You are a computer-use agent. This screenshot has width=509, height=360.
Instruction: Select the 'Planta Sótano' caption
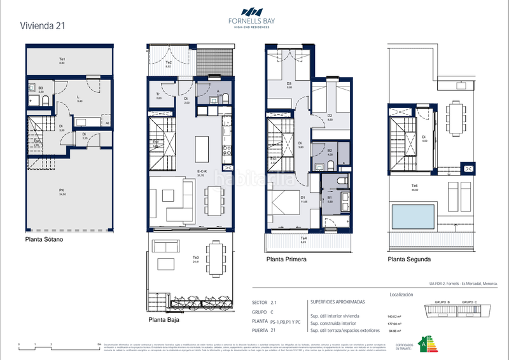click(x=46, y=240)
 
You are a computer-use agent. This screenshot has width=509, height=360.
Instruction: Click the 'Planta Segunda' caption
click(x=409, y=260)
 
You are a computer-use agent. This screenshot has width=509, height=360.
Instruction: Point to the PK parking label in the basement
click(x=62, y=191)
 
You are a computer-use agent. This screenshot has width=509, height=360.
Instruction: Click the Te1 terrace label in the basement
click(x=62, y=61)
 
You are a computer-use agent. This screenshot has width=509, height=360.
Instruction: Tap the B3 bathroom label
click(x=41, y=90)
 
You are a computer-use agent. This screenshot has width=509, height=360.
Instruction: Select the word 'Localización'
click(x=400, y=295)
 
